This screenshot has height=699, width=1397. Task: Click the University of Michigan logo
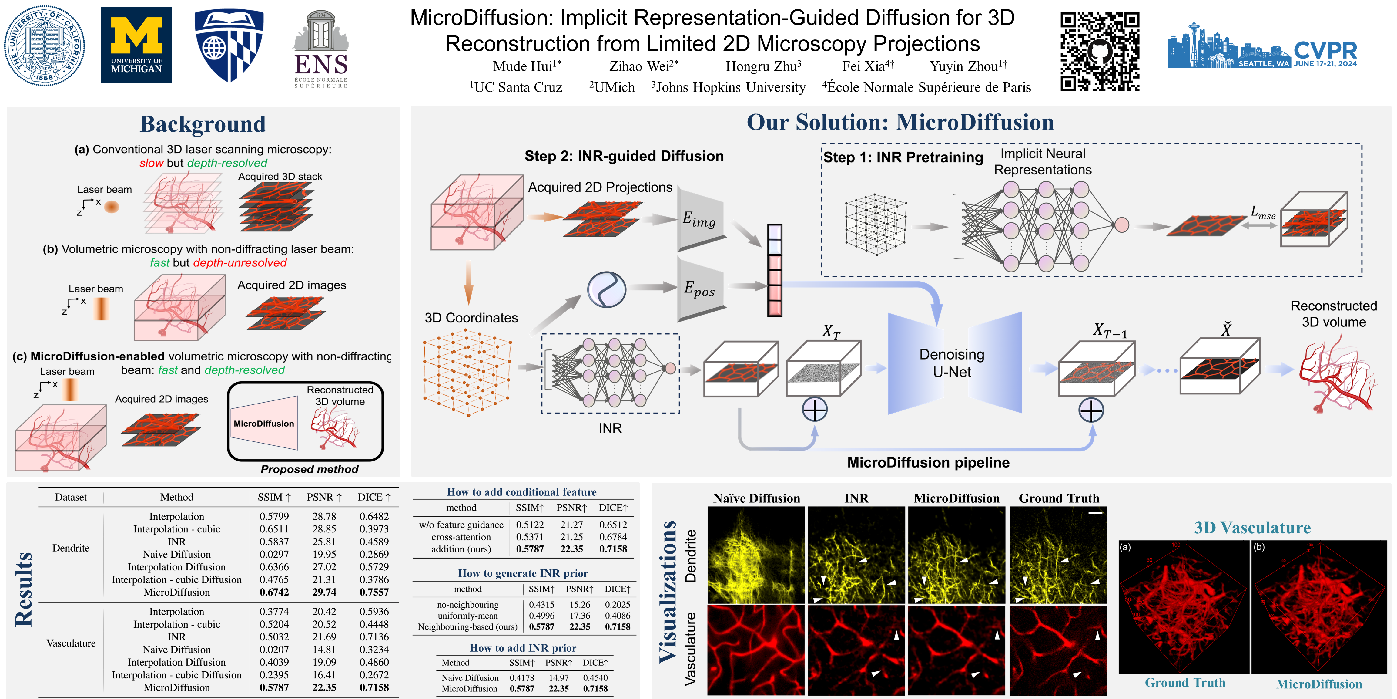(136, 45)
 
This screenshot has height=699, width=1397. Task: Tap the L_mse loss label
(1262, 213)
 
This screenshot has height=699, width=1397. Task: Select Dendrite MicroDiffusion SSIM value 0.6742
(274, 592)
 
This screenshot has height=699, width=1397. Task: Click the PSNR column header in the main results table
(324, 497)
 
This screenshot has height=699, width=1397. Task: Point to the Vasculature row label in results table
(71, 643)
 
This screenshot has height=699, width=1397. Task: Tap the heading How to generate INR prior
(523, 573)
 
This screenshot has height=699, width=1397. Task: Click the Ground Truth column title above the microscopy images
(1059, 498)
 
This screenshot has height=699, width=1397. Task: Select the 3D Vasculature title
(1252, 528)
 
